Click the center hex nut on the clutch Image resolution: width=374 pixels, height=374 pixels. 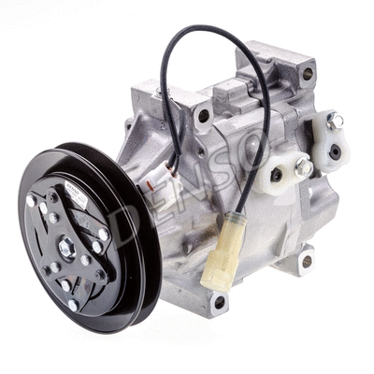pos(66,247)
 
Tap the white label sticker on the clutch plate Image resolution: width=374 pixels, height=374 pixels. pos(79,199)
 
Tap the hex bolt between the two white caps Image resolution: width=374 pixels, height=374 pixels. pos(303,167)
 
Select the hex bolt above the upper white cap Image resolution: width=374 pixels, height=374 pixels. pos(335,120)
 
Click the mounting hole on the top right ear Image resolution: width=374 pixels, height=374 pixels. pos(308,73)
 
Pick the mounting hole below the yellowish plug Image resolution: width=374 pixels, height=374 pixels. pos(220,301)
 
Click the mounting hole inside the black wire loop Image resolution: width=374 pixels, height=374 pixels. pos(203,116)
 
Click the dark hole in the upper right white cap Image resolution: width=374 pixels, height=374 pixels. pos(335,150)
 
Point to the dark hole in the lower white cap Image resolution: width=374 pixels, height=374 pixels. pos(276,175)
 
